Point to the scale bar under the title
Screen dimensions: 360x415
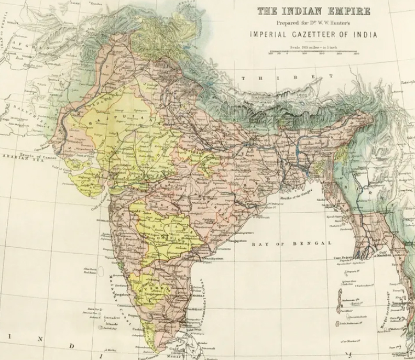313,52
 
